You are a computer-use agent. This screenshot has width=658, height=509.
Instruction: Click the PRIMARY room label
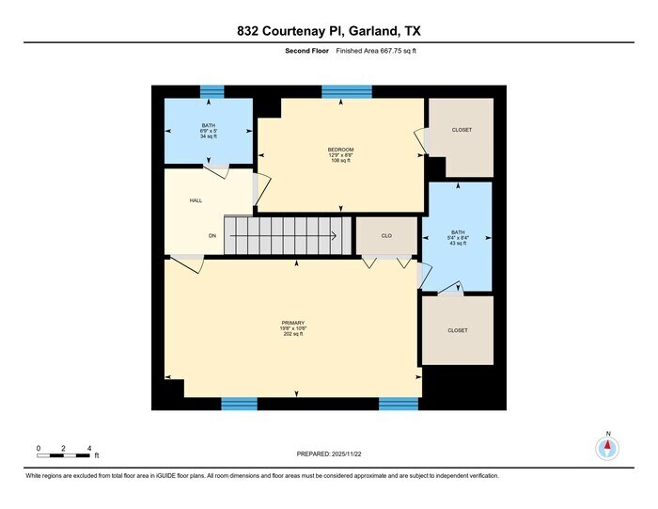point(293,323)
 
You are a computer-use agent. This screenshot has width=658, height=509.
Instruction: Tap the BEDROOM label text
point(340,150)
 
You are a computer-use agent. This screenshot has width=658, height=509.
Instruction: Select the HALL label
point(196,200)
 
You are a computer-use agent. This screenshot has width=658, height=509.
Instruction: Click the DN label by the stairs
point(213,235)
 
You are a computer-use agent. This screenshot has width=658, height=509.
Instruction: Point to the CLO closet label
point(386,235)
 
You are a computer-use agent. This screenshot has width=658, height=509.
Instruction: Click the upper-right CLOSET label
point(461,130)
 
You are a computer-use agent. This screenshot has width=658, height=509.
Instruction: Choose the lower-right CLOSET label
point(457,330)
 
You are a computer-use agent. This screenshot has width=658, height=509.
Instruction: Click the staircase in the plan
point(286,235)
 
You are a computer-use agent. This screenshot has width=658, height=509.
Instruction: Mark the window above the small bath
point(212,91)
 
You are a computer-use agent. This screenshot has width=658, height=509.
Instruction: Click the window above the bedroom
point(347,91)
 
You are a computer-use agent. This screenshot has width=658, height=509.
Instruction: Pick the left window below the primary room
point(239,404)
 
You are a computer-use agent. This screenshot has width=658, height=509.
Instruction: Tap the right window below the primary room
point(398,404)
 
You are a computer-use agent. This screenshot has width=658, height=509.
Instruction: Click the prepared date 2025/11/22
point(328,454)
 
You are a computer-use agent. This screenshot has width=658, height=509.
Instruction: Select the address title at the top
point(328,31)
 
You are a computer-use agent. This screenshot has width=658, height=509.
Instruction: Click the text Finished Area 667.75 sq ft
point(376,52)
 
